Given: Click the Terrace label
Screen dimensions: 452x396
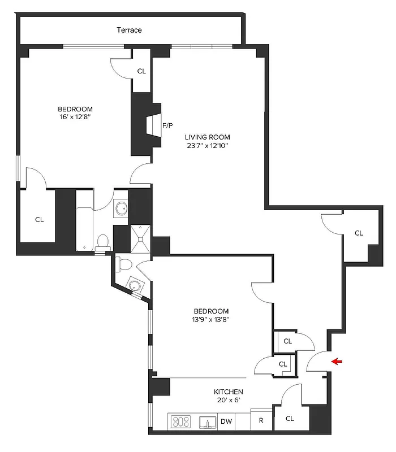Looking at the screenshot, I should tap(129, 30).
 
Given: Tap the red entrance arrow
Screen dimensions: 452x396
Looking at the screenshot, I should tap(337, 362).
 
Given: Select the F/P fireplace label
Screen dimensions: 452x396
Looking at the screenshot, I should tap(167, 125).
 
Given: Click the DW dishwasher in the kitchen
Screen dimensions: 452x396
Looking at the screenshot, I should tap(226, 421).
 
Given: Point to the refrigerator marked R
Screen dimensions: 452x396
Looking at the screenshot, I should tap(261, 421).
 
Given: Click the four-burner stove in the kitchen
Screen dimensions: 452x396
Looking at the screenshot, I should tap(181, 421).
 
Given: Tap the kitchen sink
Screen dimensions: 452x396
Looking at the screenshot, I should tap(207, 421).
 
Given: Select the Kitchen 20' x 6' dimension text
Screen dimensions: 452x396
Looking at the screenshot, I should tap(228, 401).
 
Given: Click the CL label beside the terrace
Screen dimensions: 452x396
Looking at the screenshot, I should tap(141, 72).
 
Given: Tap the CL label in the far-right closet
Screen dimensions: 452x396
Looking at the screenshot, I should tap(359, 233).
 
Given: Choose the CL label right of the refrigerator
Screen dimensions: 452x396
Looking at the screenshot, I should tap(290, 419).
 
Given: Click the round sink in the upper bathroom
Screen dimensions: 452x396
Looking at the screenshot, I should tap(120, 209).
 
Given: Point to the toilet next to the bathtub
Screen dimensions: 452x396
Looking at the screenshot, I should tap(103, 242).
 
